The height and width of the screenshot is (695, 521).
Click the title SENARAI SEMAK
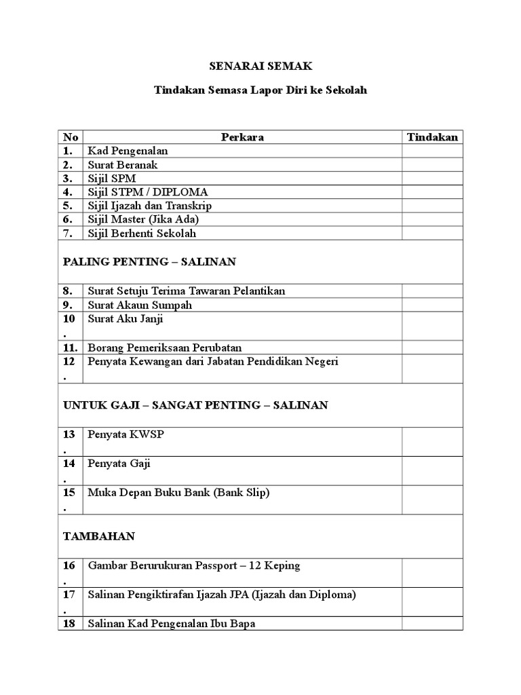(260, 67)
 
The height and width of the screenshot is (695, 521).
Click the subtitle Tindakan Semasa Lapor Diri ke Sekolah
(260, 90)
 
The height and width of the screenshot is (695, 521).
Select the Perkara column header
(242, 137)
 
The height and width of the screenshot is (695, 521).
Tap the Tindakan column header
(432, 137)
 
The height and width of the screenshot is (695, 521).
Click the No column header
(71, 137)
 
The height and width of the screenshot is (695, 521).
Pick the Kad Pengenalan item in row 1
(128, 151)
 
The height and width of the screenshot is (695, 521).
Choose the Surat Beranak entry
(122, 165)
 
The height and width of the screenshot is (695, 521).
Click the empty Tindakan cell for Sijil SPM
(432, 179)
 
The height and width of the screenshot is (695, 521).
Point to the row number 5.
(67, 206)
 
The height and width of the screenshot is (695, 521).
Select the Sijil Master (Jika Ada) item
(143, 219)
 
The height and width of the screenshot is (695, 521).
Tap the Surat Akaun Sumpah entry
(140, 305)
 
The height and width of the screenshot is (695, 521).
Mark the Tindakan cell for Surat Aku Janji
(432, 326)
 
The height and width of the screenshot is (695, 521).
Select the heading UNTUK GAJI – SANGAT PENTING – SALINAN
(195, 405)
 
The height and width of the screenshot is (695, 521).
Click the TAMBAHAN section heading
(99, 536)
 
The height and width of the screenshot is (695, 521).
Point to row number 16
(69, 565)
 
